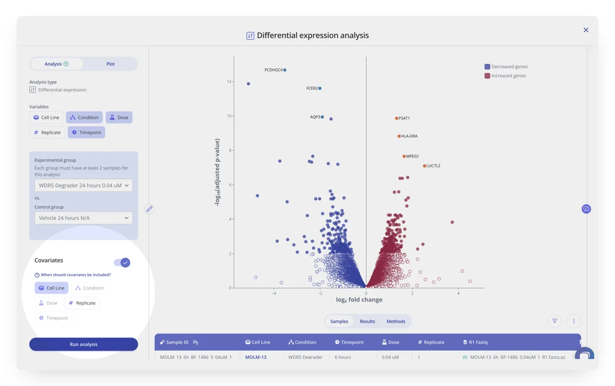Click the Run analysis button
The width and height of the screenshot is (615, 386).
pos(83,344)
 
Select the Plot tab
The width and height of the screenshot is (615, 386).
pos(110,64)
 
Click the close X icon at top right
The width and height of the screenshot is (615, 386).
pos(586,30)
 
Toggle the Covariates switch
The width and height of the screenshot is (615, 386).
pos(122,262)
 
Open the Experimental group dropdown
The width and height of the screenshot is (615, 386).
pos(83,185)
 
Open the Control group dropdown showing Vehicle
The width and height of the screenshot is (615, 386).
pos(83,218)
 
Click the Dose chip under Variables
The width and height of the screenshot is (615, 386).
pos(119,117)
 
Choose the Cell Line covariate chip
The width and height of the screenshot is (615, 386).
pos(51,288)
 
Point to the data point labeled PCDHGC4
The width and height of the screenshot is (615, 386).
pos(285,70)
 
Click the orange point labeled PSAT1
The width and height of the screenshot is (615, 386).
pos(397,118)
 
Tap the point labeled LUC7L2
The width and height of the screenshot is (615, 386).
pos(424,165)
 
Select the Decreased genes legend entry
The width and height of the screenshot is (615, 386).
pos(506,67)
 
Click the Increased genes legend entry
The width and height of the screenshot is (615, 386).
pos(505,76)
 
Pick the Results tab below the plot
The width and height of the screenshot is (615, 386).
pos(367,321)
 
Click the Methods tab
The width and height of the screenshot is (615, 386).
pos(396,321)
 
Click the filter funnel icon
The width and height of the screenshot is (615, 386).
pos(555,321)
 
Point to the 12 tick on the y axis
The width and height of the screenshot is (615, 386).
pos(229,82)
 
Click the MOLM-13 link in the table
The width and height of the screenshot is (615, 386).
pos(256,357)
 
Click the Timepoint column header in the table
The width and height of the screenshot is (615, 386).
pos(349,342)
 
